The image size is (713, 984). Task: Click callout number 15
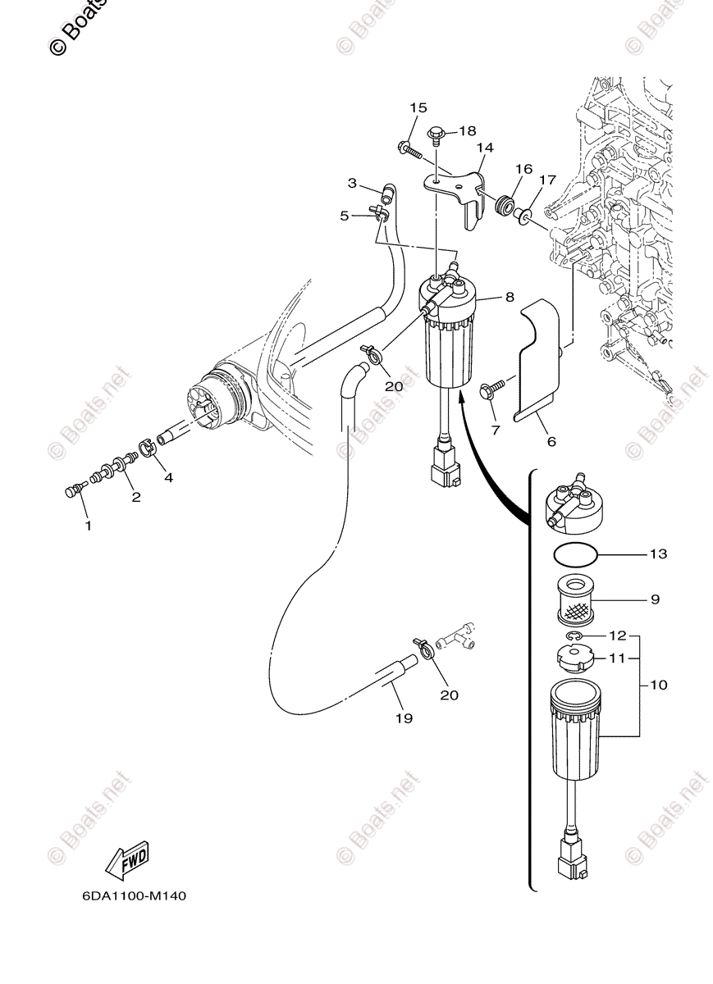418,108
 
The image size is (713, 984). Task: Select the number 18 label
467,131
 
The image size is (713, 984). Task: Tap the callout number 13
659,554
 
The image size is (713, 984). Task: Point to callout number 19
403,718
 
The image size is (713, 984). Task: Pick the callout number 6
551,441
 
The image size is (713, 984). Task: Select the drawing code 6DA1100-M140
134,896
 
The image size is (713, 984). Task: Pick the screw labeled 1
71,491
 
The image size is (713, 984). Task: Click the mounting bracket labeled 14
459,190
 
